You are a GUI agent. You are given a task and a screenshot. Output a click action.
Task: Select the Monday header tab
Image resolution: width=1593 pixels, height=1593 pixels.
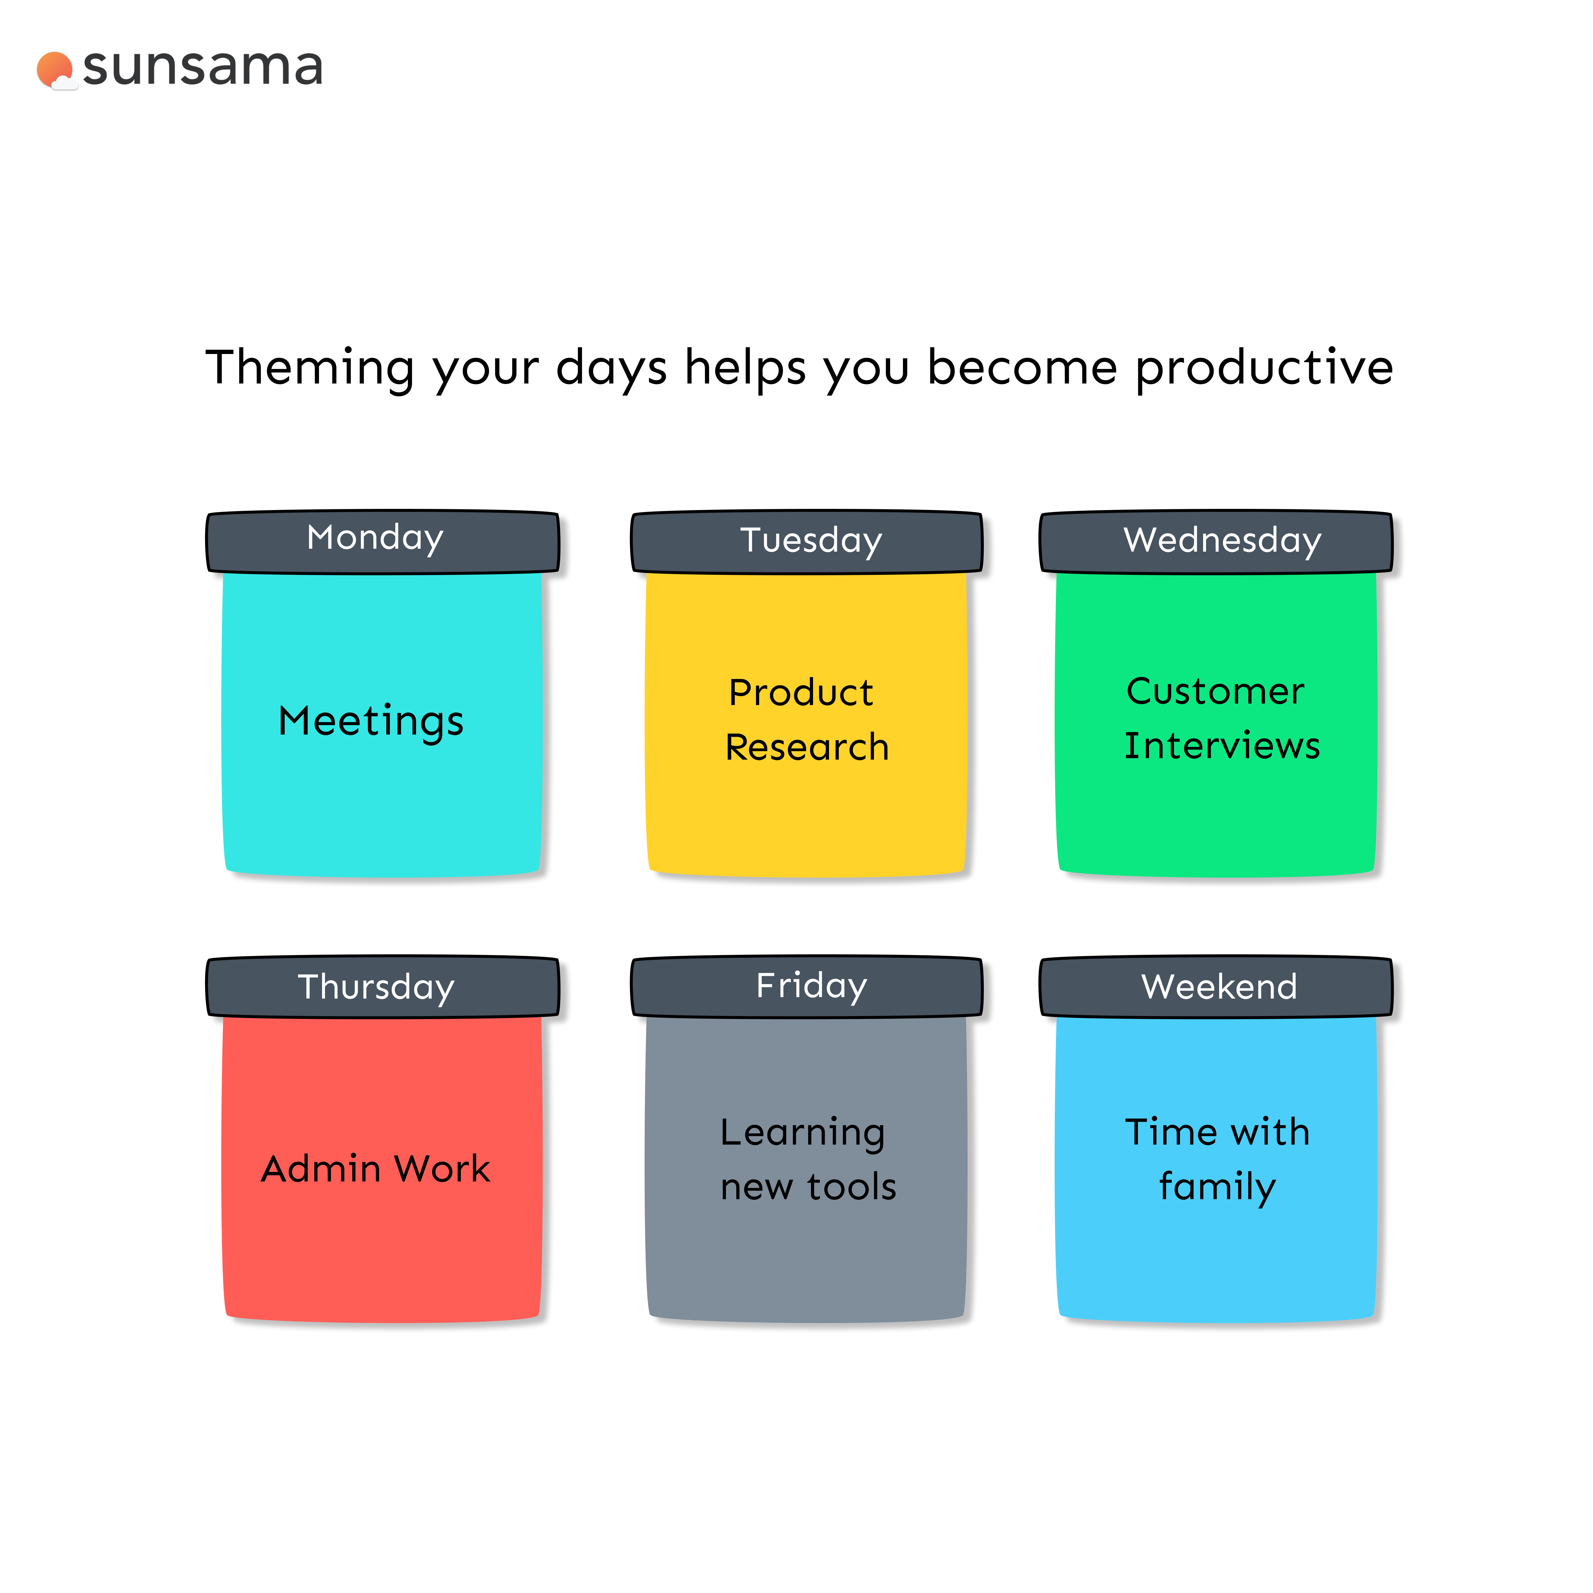point(383,542)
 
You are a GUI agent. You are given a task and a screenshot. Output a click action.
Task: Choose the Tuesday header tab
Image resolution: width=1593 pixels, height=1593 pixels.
point(806,542)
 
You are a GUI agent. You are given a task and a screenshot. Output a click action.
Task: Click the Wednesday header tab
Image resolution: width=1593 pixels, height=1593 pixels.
point(1216,542)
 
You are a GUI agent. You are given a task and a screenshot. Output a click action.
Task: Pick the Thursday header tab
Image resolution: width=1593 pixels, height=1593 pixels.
point(383,987)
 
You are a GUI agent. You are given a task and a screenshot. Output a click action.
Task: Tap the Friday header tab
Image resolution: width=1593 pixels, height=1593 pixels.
point(806,987)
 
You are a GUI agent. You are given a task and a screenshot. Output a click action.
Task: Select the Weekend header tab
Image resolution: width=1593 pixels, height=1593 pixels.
point(1216,987)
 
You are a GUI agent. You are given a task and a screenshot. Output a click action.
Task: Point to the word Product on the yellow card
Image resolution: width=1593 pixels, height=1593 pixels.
point(801,693)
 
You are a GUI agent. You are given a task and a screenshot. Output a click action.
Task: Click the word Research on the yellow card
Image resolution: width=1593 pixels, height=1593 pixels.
point(807,747)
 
